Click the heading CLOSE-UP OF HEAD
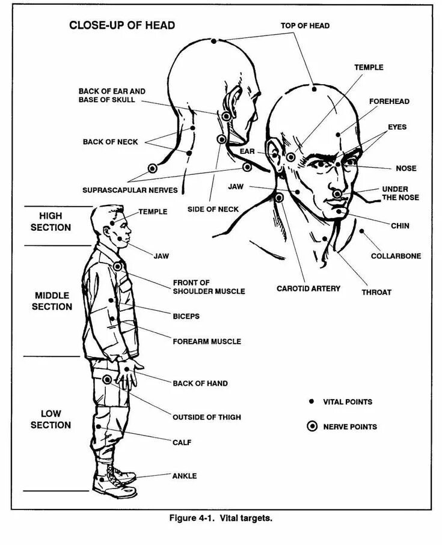click(122, 25)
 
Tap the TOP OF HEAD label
click(305, 26)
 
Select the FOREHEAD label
click(389, 102)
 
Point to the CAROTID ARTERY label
click(308, 288)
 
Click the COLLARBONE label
click(396, 256)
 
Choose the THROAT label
click(376, 293)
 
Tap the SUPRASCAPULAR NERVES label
click(130, 190)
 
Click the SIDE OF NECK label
click(212, 209)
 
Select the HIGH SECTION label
click(55, 221)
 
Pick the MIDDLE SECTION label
click(53, 301)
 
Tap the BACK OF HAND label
click(200, 383)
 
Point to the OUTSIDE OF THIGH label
click(207, 417)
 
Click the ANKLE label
click(185, 476)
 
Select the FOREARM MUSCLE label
click(207, 341)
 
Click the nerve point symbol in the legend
click(312, 427)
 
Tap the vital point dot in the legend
click(312, 401)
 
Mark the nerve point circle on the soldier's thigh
click(107, 379)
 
